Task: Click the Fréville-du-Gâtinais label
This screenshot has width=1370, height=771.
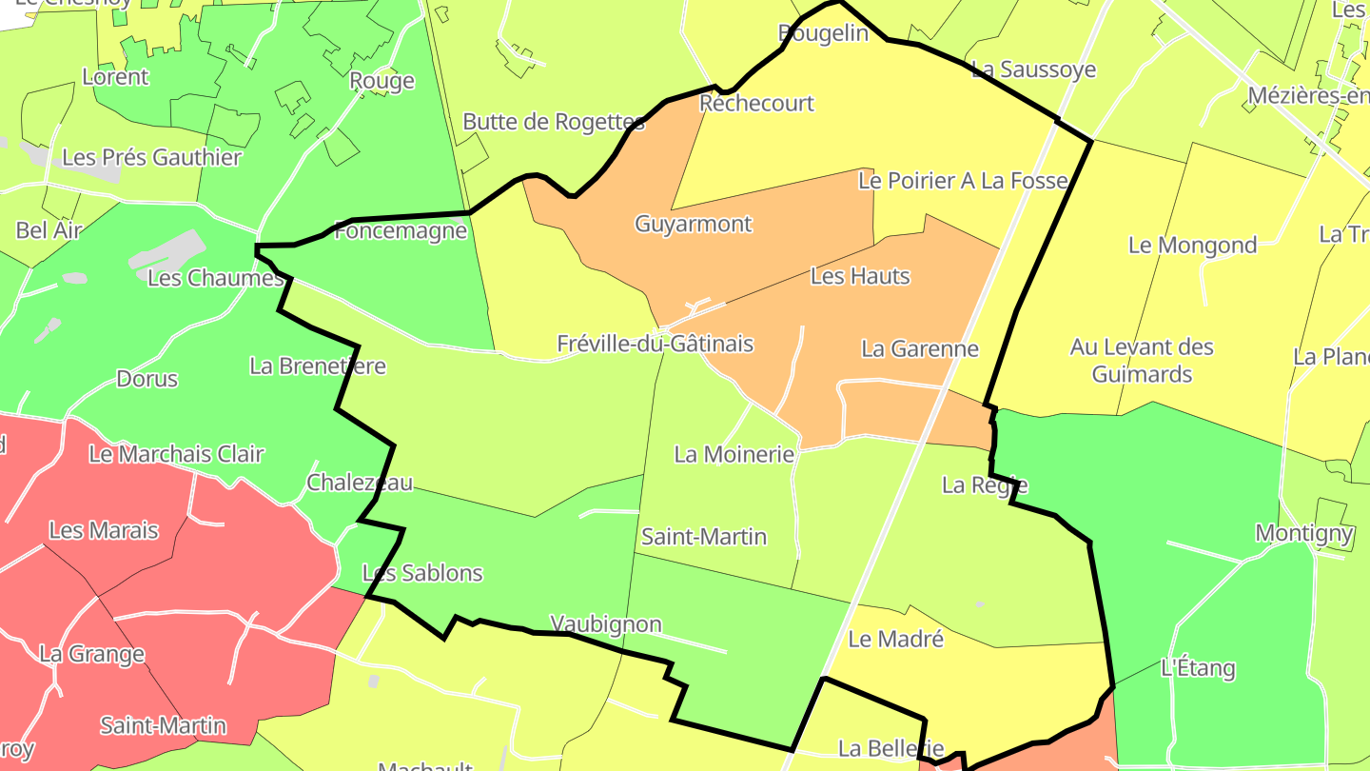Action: (x=655, y=344)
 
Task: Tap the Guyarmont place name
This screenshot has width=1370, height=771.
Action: (x=693, y=224)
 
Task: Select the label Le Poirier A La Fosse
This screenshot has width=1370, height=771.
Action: (x=963, y=180)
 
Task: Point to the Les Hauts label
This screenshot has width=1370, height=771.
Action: (x=860, y=276)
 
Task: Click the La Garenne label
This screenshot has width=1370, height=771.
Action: (x=919, y=348)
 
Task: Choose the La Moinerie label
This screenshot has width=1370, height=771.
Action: (x=734, y=454)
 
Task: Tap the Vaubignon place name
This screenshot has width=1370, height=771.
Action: (x=606, y=624)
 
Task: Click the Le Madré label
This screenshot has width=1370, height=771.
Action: (x=895, y=639)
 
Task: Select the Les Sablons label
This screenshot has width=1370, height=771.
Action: (x=422, y=573)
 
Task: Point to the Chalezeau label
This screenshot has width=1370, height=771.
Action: (x=360, y=483)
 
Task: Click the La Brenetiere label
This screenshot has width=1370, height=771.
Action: (x=318, y=366)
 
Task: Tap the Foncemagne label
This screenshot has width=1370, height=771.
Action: (x=401, y=230)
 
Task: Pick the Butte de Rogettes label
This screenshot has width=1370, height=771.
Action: (x=553, y=122)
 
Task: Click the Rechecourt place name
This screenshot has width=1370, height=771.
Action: (x=756, y=103)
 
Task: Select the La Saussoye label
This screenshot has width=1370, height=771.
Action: (x=1033, y=69)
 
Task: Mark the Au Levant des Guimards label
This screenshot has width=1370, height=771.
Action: (x=1142, y=361)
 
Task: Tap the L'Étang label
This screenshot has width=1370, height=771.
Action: (x=1198, y=667)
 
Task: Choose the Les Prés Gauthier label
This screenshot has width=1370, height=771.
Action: (x=151, y=157)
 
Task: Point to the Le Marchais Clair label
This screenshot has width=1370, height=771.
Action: (x=176, y=454)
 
